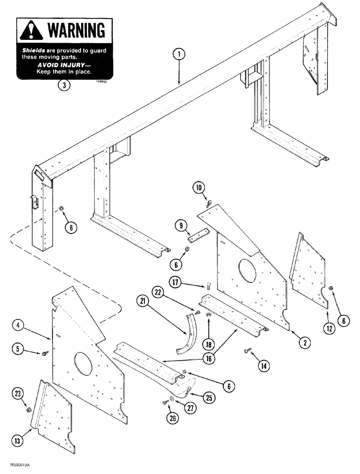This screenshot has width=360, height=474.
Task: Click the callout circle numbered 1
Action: (179, 55)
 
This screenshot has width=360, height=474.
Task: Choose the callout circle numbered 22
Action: (158, 290)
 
